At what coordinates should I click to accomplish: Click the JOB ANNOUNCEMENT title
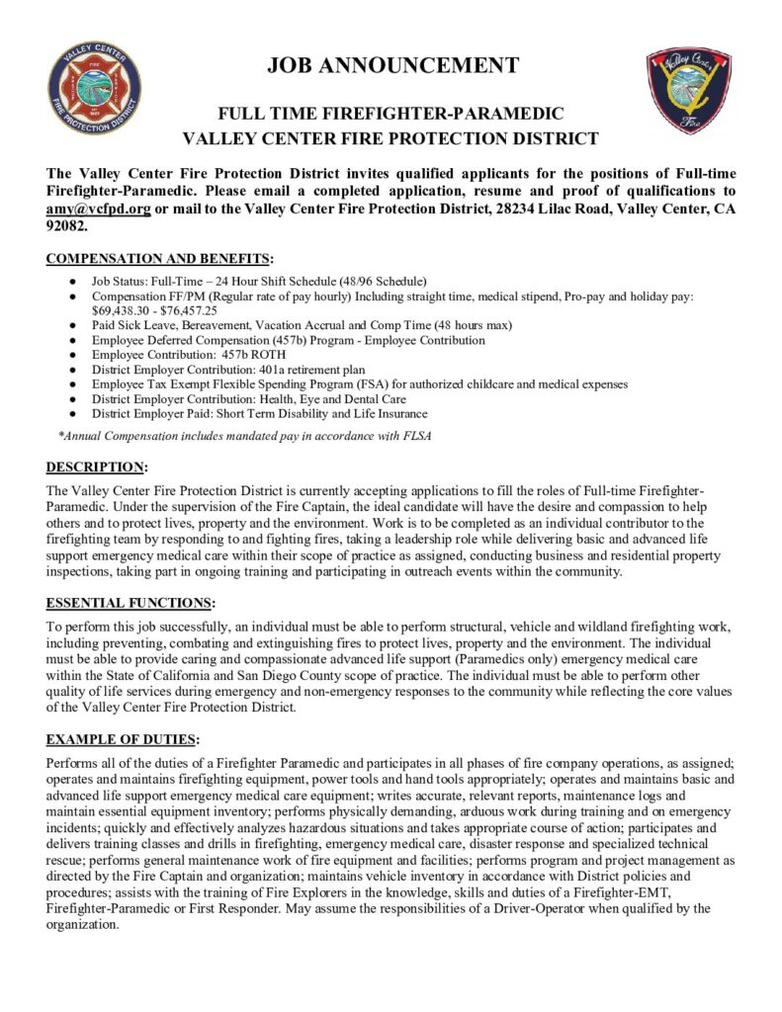(392, 66)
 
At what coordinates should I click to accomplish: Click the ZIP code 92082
(66, 225)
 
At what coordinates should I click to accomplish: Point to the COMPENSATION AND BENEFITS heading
(159, 260)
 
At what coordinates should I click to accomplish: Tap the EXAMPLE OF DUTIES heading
(123, 738)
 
